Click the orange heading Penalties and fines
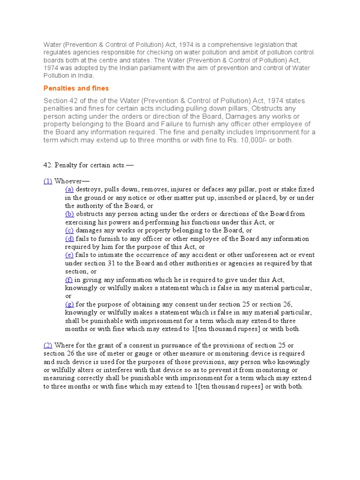(x=76, y=88)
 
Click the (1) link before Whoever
(x=48, y=181)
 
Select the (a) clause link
(x=69, y=189)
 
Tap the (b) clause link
(x=69, y=214)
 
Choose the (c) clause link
(x=69, y=230)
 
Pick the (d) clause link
(x=69, y=239)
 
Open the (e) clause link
(x=69, y=255)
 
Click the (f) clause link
(x=69, y=279)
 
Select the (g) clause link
(x=69, y=304)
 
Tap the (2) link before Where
(x=48, y=345)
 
